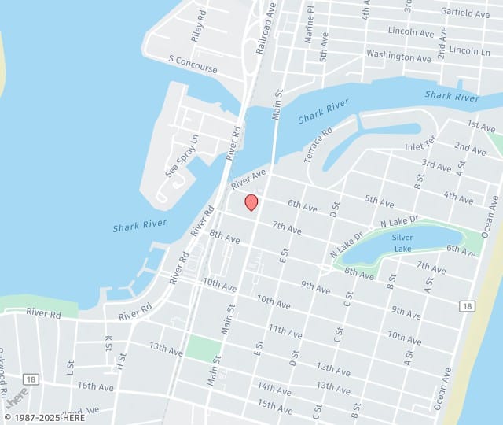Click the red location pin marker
pyautogui.click(x=251, y=202)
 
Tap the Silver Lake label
pyautogui.click(x=402, y=242)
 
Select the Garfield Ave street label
pyautogui.click(x=465, y=13)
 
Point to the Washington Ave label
pyautogui.click(x=398, y=57)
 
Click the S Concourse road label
pyautogui.click(x=193, y=64)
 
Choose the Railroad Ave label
pyautogui.click(x=266, y=28)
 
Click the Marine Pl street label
pyautogui.click(x=309, y=24)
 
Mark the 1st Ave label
pyautogui.click(x=481, y=126)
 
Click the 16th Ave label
pyautogui.click(x=96, y=386)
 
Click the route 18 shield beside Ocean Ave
pyautogui.click(x=468, y=305)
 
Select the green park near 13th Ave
pyautogui.click(x=203, y=349)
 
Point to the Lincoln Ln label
pyautogui.click(x=471, y=50)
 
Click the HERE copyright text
pyautogui.click(x=46, y=418)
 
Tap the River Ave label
pyautogui.click(x=248, y=178)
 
